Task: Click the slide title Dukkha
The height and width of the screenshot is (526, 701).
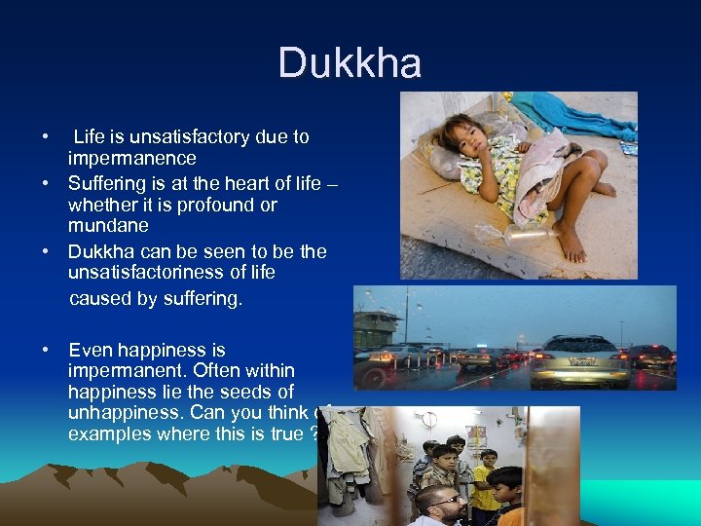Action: [x=350, y=64]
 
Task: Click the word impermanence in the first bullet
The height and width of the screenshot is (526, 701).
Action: [x=131, y=158]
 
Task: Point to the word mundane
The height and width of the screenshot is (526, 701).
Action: [x=108, y=226]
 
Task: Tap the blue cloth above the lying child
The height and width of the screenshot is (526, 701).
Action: [x=575, y=112]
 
